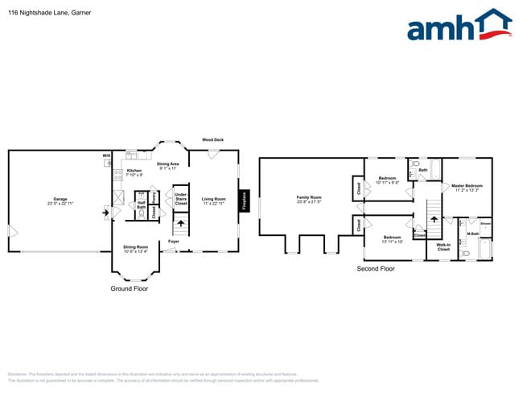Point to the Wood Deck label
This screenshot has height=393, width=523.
coord(212,139)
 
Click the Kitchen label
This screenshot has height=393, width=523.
coord(134,172)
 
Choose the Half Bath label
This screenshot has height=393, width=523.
coord(141,205)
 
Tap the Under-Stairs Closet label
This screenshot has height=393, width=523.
coord(181,199)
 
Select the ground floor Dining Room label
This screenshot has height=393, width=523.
coord(135,248)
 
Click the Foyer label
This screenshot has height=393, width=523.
coord(174,241)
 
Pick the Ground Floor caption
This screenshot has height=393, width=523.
coord(129,288)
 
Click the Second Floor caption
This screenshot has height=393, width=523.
coord(376,268)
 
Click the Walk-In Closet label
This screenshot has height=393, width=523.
coord(443,247)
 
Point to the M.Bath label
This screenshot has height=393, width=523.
coord(473,234)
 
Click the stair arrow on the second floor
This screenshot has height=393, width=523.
coord(429,217)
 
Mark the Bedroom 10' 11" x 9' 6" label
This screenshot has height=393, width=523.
coord(388,180)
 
